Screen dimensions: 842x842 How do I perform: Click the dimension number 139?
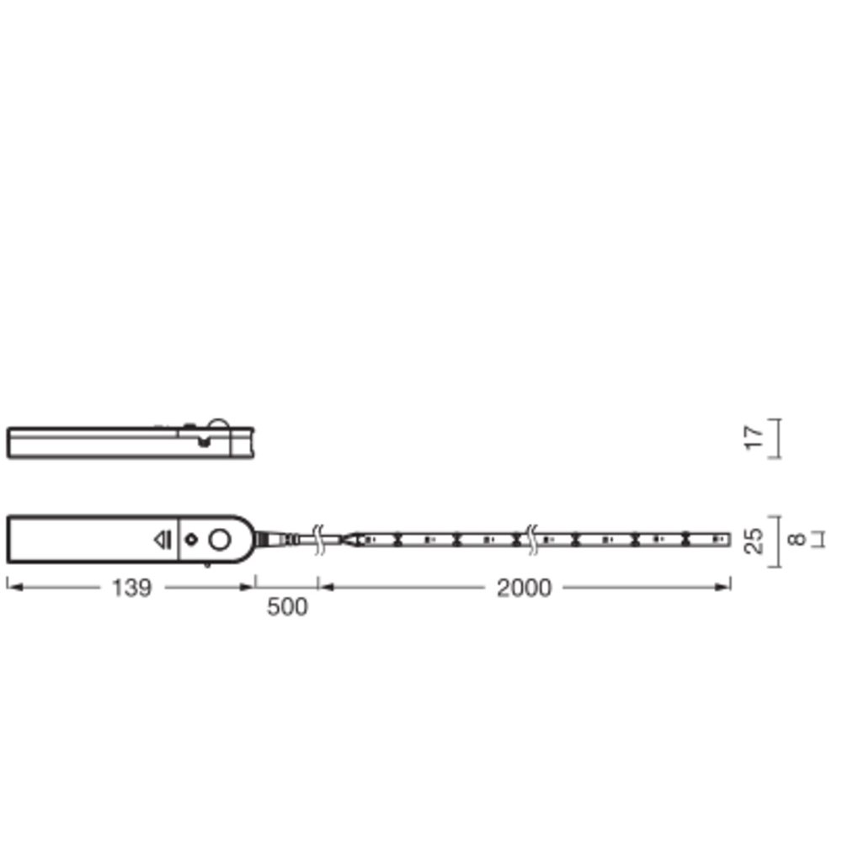tap(131, 588)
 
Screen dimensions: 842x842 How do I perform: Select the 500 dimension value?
tap(287, 607)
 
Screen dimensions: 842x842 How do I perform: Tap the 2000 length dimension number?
tap(524, 588)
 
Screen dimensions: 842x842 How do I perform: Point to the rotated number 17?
tap(754, 438)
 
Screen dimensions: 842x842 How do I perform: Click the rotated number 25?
tap(754, 541)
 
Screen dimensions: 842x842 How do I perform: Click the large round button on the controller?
tap(219, 539)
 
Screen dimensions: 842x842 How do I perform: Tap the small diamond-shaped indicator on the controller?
tap(191, 539)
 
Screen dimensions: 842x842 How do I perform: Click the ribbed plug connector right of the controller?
tap(275, 539)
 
